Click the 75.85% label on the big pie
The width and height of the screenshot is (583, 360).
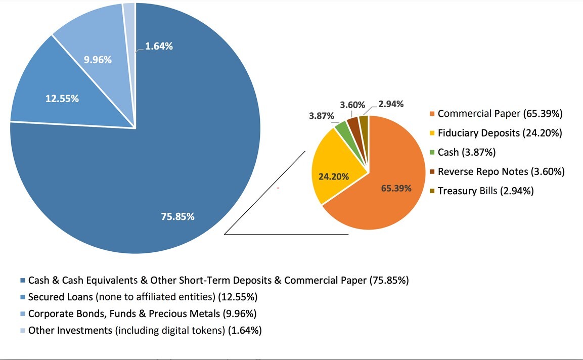click(177, 216)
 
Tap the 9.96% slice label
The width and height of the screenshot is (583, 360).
click(98, 60)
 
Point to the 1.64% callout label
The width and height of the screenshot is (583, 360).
click(159, 47)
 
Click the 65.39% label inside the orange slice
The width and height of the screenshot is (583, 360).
click(396, 189)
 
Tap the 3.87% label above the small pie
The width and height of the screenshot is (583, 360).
click(322, 116)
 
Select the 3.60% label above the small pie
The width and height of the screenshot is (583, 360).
click(352, 105)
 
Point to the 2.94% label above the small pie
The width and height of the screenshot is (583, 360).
click(391, 104)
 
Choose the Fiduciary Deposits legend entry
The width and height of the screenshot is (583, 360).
click(500, 133)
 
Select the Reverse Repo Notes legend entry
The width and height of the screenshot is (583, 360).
click(501, 171)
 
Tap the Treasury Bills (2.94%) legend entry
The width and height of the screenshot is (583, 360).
click(485, 191)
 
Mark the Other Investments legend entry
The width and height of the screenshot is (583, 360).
click(144, 331)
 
